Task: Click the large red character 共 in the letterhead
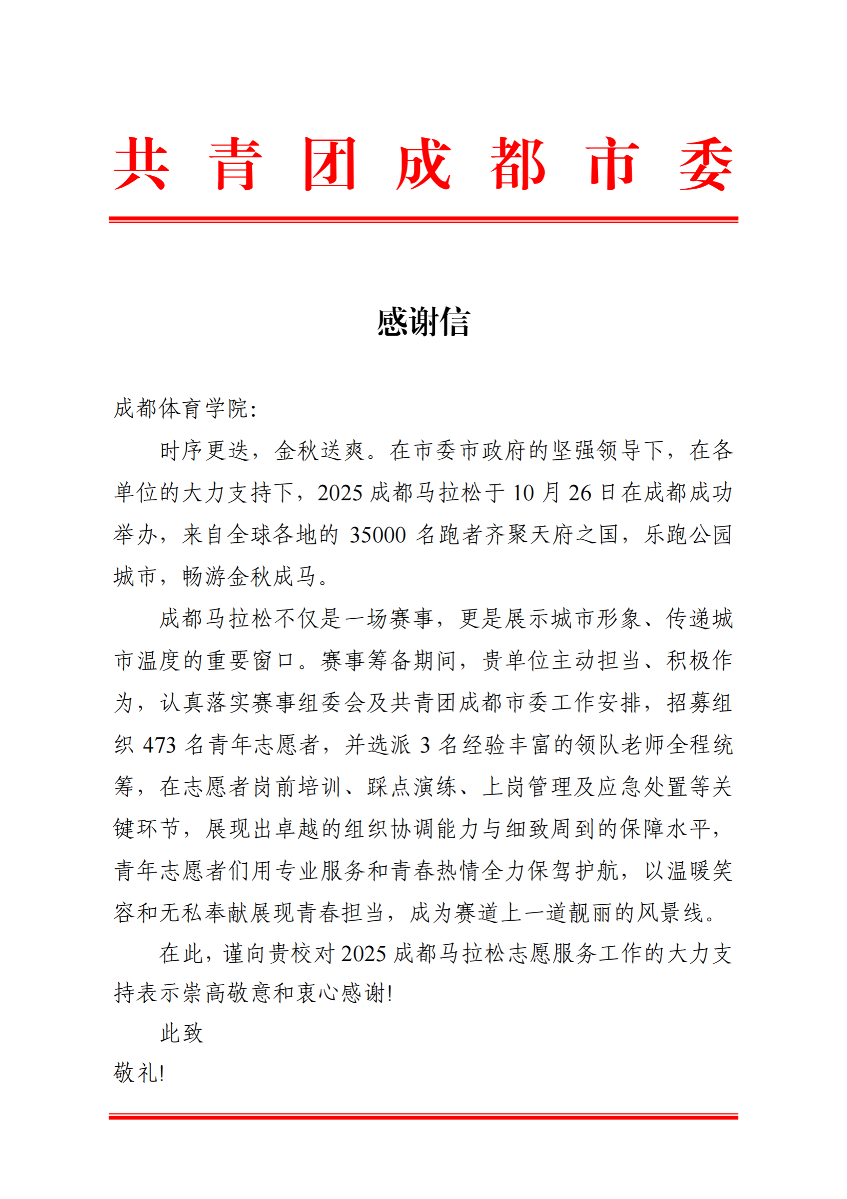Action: click(x=141, y=164)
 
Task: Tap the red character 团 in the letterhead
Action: click(x=330, y=164)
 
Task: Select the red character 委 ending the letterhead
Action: click(x=705, y=164)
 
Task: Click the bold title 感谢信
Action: click(x=423, y=322)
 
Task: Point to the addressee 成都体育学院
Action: click(x=180, y=409)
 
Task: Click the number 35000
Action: click(x=377, y=535)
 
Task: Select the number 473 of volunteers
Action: click(x=159, y=745)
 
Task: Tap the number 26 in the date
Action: click(x=580, y=493)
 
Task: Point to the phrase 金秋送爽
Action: click(x=319, y=451)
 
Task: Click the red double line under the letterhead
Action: click(x=423, y=219)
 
